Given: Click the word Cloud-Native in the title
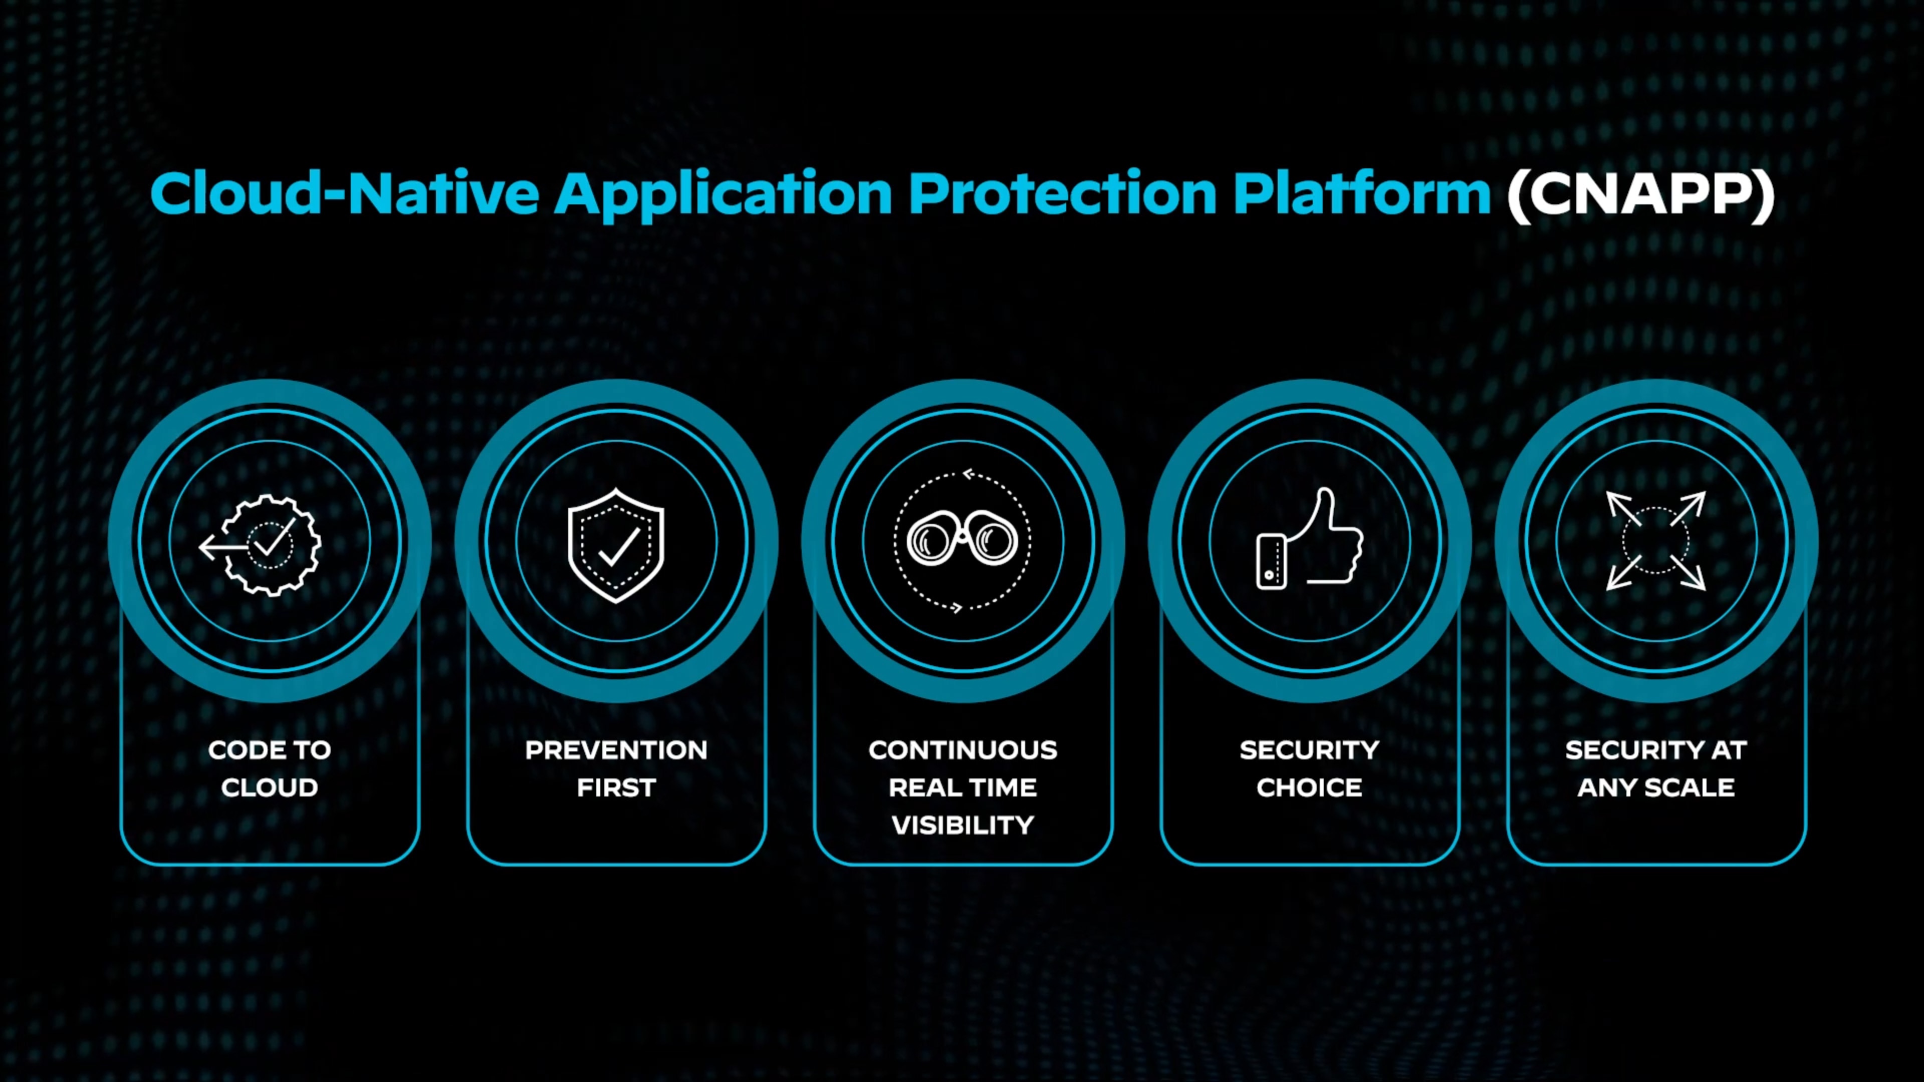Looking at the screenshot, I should pyautogui.click(x=344, y=193).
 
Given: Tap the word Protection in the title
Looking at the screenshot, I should pyautogui.click(x=1063, y=193).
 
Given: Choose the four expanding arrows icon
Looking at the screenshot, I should pyautogui.click(x=1656, y=540).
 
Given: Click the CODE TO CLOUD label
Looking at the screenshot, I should pyautogui.click(x=270, y=768).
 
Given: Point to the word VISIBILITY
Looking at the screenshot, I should pyautogui.click(x=963, y=825).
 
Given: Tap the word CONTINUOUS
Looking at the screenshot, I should pyautogui.click(x=963, y=750).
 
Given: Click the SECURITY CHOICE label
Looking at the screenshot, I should pyautogui.click(x=1309, y=768).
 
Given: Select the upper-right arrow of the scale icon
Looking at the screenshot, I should pyautogui.click(x=1690, y=506).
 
